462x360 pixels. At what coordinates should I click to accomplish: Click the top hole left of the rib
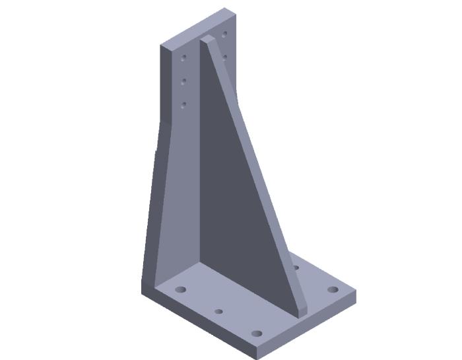point(184,58)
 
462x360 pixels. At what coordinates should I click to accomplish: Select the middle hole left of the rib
point(184,81)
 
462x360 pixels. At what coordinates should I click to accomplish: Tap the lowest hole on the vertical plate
point(184,104)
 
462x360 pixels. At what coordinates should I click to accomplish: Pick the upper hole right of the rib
point(225,33)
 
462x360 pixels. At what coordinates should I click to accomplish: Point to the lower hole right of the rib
point(225,57)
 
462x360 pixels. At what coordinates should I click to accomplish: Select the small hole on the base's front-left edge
point(218,310)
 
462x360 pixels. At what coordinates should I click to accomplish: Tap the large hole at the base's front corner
point(257,333)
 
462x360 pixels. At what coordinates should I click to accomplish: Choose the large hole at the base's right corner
point(333,289)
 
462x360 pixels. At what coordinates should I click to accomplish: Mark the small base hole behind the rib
point(296,268)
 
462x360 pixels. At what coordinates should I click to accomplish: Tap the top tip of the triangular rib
point(206,39)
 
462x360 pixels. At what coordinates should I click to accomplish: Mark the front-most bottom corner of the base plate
point(256,357)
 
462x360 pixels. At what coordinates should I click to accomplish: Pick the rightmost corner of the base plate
point(356,291)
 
